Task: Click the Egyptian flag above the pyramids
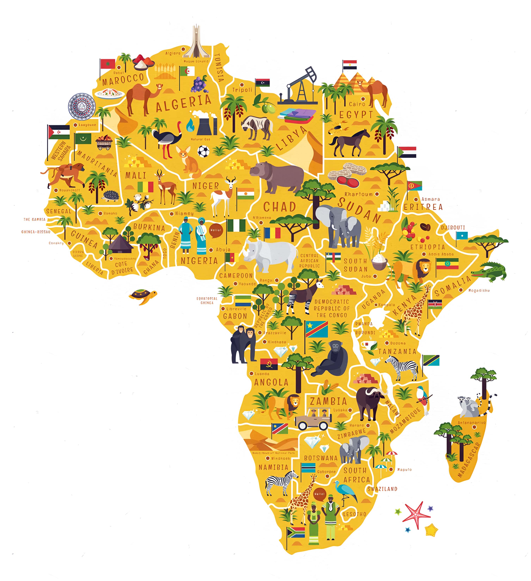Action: (x=349, y=65)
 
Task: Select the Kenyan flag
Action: (x=435, y=304)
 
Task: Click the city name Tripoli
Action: (x=242, y=90)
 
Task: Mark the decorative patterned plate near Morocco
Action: (x=82, y=106)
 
